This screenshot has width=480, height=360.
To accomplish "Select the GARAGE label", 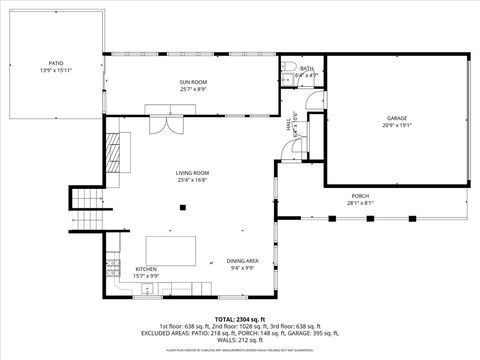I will coord(397,117).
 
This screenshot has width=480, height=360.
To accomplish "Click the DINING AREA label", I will coord(243,260).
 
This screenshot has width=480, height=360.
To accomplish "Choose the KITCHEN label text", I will coord(146,268).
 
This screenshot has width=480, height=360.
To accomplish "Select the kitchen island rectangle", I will coord(171,250).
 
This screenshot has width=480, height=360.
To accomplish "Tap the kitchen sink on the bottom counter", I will coord(147,289).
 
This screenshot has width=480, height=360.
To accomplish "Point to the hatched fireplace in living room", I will coord(112,150).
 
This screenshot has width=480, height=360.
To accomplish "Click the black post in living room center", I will coord(182,207).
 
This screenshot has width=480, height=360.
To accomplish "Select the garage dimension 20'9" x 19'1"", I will coord(397,125).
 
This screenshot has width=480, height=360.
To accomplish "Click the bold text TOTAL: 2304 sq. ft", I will coord(240,317).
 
